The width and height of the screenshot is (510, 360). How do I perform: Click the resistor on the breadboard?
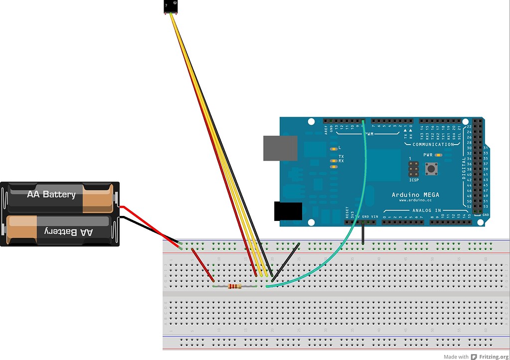click(234, 286)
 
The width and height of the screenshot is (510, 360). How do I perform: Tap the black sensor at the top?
click(170, 6)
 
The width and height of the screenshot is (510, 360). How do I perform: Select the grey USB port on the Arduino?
click(280, 148)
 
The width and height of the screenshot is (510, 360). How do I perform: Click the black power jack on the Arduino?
click(288, 211)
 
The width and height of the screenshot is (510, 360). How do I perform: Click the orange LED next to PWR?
click(437, 155)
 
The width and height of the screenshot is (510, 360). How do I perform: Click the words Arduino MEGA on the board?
click(415, 194)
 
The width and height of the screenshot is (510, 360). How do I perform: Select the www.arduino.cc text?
click(415, 201)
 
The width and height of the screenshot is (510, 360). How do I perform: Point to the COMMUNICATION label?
click(434, 144)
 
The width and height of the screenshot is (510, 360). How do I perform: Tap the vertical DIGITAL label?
click(464, 169)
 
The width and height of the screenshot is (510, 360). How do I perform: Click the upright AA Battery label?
click(52, 194)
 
